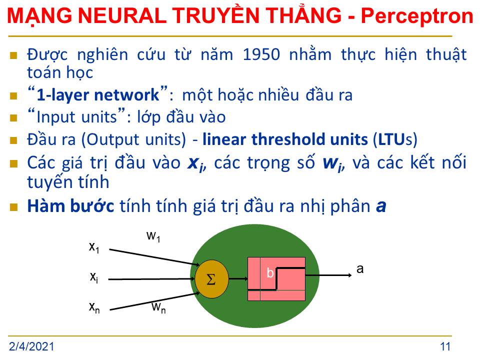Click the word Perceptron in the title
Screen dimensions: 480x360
point(417,16)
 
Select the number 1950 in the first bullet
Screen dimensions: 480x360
point(261,55)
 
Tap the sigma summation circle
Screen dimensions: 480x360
point(211,279)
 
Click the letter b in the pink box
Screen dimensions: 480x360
point(269,272)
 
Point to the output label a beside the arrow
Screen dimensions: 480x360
point(360,269)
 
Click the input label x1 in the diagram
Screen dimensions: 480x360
point(94,247)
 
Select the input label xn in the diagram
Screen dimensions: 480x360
point(94,307)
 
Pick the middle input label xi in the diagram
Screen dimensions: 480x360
point(94,277)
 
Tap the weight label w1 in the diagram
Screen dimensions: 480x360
point(153,236)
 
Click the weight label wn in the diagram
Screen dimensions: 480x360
point(158,307)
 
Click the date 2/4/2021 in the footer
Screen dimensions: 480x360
point(31,346)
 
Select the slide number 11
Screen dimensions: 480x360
point(445,346)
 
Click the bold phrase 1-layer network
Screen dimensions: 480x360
point(98,95)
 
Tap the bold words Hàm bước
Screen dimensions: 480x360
point(70,205)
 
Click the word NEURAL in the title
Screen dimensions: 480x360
point(122,16)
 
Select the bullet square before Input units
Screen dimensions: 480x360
point(13,118)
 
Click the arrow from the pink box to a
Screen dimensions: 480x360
point(328,275)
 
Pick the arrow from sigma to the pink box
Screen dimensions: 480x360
point(238,278)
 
